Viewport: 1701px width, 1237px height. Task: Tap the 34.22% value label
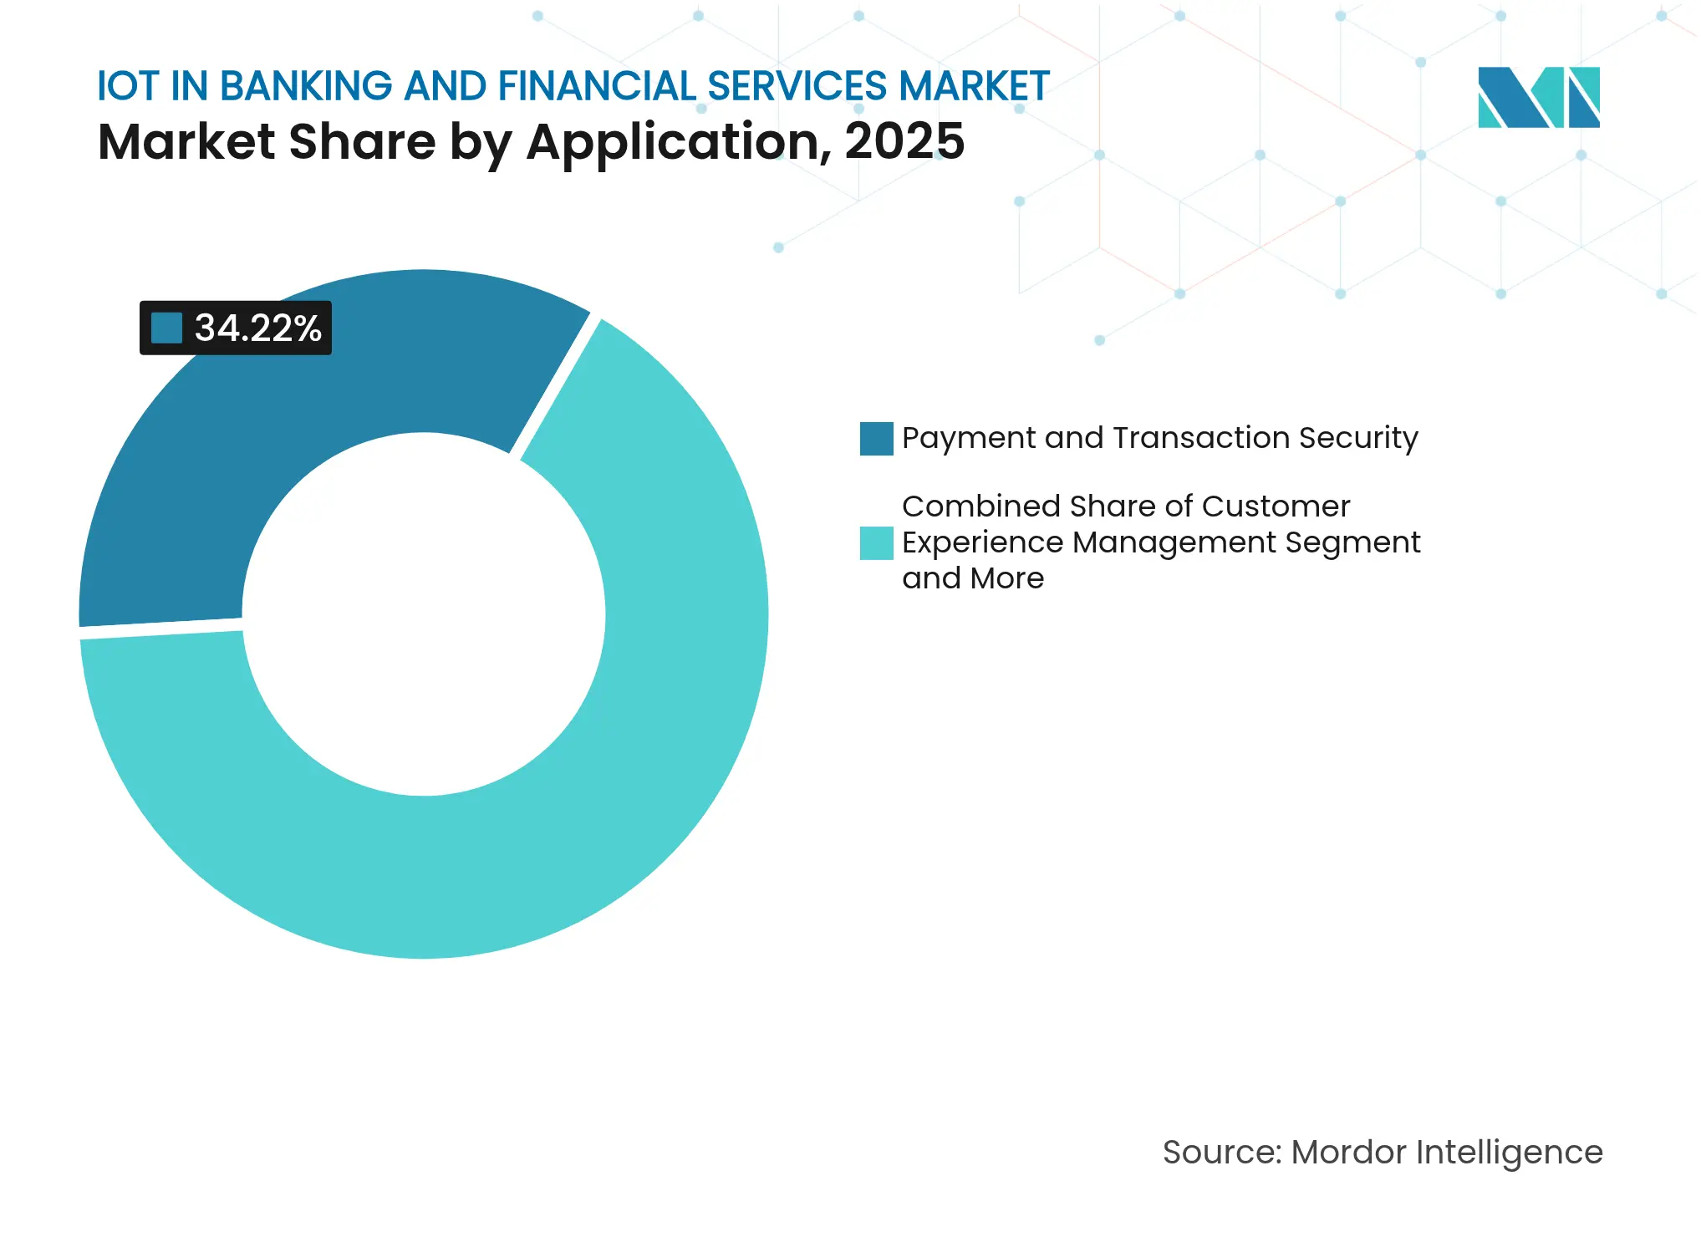coord(257,328)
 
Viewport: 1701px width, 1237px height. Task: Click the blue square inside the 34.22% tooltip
coord(166,328)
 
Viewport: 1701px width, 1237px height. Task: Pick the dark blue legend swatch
coord(876,439)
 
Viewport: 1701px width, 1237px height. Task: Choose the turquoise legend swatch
coord(876,542)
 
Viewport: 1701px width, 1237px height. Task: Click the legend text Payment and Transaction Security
coord(1159,438)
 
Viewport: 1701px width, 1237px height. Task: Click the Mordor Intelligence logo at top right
coord(1538,98)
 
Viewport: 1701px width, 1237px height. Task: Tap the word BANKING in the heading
coord(306,86)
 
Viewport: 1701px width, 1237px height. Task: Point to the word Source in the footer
coord(1220,1153)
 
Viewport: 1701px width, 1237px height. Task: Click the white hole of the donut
coord(424,614)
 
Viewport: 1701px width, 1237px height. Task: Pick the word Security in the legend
coord(1358,438)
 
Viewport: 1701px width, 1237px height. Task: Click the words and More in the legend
coord(973,578)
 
